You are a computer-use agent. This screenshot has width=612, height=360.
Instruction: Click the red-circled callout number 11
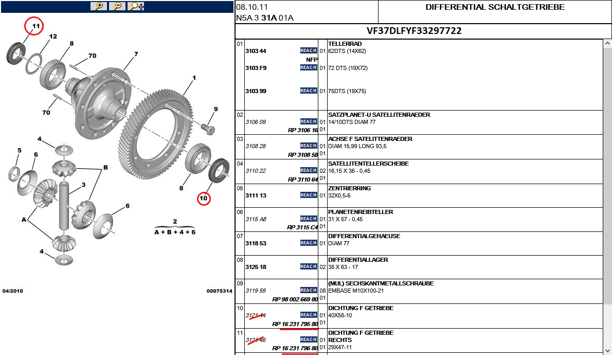(x=35, y=26)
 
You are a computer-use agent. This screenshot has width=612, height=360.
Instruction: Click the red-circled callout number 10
(x=204, y=197)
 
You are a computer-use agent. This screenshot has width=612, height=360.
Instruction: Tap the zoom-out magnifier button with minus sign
(x=117, y=6)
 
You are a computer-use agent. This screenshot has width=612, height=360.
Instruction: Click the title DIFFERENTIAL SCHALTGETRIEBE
(x=495, y=7)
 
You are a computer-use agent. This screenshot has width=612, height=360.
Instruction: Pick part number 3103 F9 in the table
(x=256, y=68)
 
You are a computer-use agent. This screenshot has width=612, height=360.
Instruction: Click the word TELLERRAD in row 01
(x=345, y=44)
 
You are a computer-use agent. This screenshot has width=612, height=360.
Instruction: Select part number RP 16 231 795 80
(x=295, y=324)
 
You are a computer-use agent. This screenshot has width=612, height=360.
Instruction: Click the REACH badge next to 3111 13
(x=309, y=195)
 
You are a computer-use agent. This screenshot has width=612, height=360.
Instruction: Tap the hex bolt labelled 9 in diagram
(x=209, y=127)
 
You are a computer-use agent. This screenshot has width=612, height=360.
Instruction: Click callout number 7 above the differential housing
(x=136, y=54)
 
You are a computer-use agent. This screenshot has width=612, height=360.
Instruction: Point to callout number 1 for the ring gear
(x=194, y=79)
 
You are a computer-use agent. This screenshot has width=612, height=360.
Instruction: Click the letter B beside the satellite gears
(x=105, y=168)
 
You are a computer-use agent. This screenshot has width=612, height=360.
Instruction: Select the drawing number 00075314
(x=219, y=291)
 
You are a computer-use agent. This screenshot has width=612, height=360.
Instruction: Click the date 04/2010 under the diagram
(x=13, y=291)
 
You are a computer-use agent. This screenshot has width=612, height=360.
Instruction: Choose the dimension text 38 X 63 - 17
(x=343, y=267)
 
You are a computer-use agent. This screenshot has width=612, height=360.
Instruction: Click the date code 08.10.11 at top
(x=252, y=7)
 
